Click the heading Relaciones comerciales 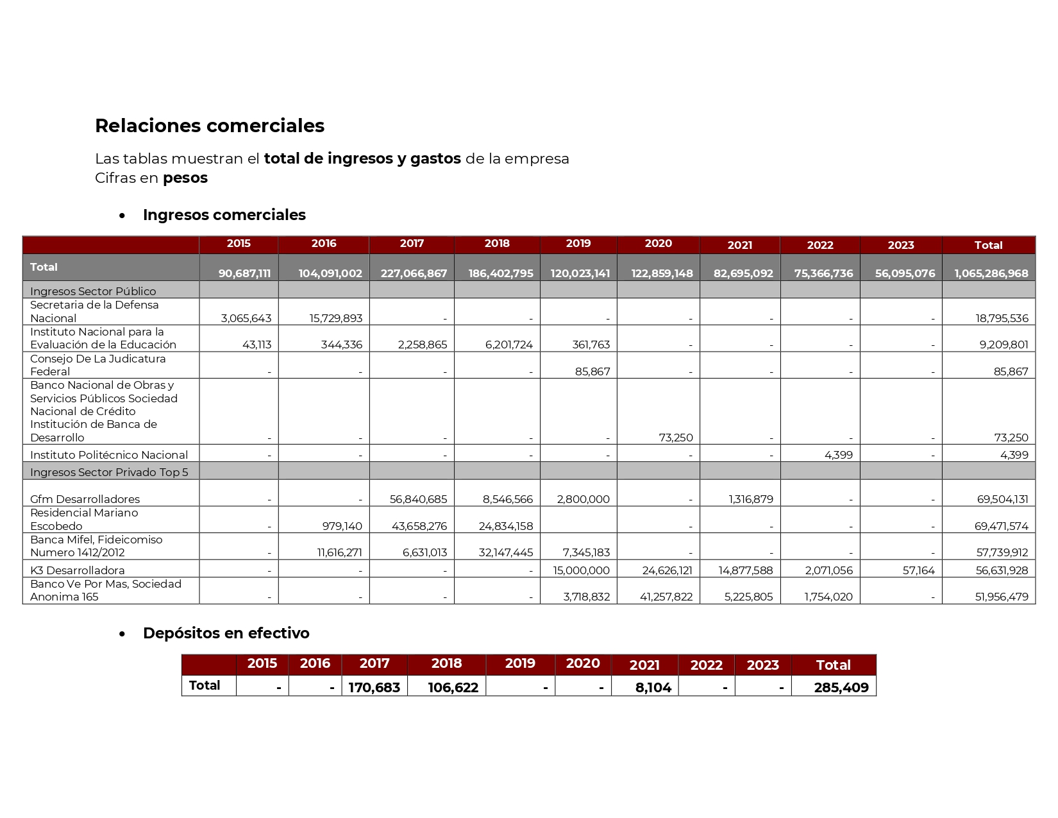pos(209,126)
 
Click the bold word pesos pos(185,178)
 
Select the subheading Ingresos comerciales pos(224,215)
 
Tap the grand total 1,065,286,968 pos(991,273)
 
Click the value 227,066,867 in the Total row pos(414,273)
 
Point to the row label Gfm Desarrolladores pos(85,499)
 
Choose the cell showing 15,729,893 pos(330,318)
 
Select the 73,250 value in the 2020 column pos(676,438)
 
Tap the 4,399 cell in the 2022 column pos(838,455)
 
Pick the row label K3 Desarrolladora pos(77,570)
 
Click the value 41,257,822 pos(666,597)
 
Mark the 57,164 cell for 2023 pos(918,570)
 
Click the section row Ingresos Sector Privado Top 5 pos(109,472)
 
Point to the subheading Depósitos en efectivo pos(226,633)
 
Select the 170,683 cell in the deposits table pos(374,688)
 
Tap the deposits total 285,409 pos(841,688)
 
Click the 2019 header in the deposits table pos(519,664)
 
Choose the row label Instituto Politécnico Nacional pos(109,455)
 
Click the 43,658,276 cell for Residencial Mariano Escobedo pos(419,526)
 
